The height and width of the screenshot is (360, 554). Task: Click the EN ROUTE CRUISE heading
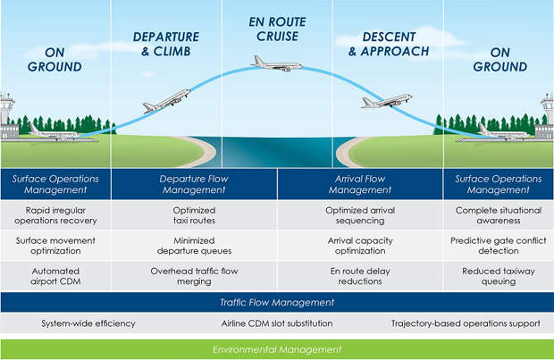pos(277,29)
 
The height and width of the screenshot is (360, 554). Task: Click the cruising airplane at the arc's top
pos(277,63)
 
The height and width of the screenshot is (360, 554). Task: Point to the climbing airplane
pos(166,100)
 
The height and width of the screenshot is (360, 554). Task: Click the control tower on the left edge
pos(8,114)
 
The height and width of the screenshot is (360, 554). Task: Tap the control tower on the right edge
pos(545,114)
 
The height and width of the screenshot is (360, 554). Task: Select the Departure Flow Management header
pos(194,184)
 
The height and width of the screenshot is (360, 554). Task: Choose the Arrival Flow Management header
pos(360,184)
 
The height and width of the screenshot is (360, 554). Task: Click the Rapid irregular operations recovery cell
pos(55,216)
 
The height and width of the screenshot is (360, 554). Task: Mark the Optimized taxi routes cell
pos(194,216)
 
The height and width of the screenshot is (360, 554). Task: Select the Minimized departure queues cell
pos(194,245)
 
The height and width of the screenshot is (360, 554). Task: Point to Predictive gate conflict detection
pos(499,245)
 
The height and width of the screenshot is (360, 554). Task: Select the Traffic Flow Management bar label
pos(277,303)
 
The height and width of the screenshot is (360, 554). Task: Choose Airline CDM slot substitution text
pos(277,322)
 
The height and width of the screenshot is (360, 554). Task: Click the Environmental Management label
pos(277,348)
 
